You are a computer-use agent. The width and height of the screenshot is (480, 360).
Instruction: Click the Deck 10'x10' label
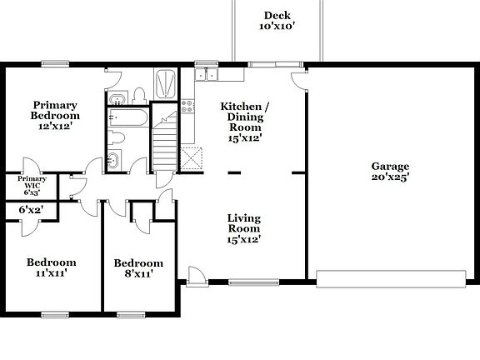[x=277, y=21]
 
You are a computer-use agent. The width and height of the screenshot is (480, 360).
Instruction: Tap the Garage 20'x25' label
[x=390, y=171]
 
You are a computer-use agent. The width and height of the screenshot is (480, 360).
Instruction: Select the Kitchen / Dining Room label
[x=244, y=122]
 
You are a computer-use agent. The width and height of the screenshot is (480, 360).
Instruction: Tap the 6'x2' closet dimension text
[x=31, y=211]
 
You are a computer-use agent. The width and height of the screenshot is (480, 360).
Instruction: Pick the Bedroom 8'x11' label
[x=138, y=268]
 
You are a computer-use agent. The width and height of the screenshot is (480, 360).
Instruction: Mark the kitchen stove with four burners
[x=188, y=106]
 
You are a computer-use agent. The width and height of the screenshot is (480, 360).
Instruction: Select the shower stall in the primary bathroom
[x=164, y=83]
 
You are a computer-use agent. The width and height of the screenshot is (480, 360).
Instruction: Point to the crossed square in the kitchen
[x=192, y=157]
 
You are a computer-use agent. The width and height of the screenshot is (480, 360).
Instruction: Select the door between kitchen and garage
[x=298, y=82]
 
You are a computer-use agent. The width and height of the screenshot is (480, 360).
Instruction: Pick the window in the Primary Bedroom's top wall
[x=56, y=63]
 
